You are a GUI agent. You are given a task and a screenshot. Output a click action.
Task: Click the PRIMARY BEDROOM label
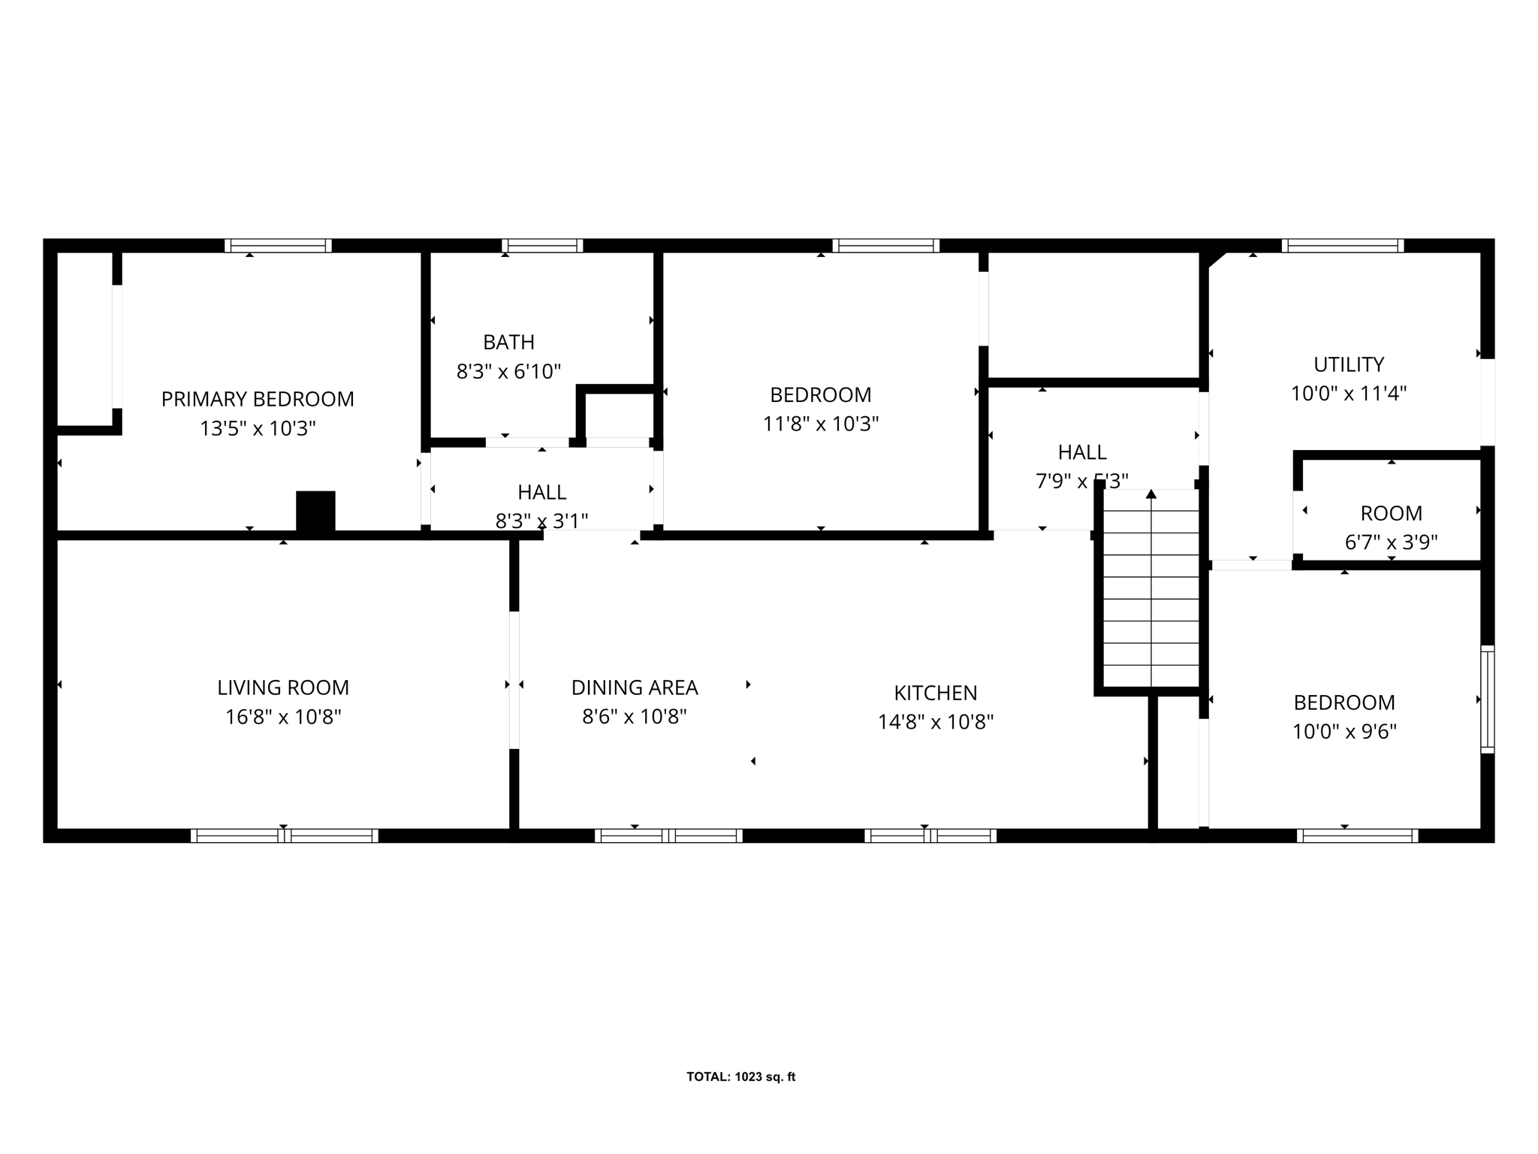(x=258, y=399)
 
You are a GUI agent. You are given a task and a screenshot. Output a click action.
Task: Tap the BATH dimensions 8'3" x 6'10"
(x=508, y=371)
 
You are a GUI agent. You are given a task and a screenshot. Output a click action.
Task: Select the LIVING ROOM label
(x=283, y=687)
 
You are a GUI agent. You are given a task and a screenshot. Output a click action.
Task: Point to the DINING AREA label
(x=635, y=687)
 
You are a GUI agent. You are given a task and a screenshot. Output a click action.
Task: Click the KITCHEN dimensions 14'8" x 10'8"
(x=936, y=722)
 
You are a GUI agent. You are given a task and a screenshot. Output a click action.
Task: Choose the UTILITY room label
(x=1348, y=364)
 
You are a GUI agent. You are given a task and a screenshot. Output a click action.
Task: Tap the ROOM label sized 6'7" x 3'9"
(x=1391, y=513)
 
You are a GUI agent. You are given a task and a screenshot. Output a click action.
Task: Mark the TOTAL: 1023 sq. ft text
(x=740, y=1077)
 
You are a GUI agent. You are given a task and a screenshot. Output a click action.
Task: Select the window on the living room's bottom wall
(x=284, y=835)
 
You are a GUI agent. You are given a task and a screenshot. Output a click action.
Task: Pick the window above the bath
(x=542, y=246)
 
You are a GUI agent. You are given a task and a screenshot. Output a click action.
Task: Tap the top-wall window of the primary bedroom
(x=278, y=246)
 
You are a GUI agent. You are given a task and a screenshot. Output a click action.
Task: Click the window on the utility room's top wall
(x=1343, y=246)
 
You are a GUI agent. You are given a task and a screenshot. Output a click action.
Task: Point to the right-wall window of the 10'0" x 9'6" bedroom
(x=1487, y=699)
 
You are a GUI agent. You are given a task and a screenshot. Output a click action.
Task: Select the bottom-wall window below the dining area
(x=668, y=835)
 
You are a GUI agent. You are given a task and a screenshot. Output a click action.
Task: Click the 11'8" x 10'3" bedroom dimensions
(x=821, y=424)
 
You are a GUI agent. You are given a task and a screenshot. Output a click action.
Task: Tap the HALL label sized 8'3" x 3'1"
(x=541, y=492)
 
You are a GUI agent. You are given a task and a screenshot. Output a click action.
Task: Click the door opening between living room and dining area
(x=514, y=680)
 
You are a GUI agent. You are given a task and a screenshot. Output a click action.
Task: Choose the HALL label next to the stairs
(x=1081, y=452)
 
